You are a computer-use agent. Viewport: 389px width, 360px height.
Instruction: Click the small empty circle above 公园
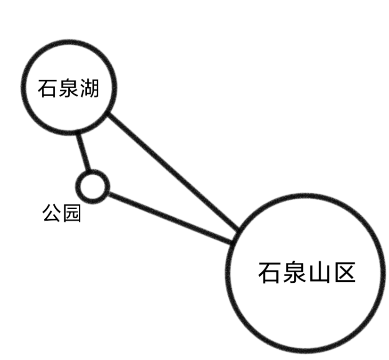tap(92, 187)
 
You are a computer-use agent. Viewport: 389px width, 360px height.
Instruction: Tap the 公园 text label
tap(62, 213)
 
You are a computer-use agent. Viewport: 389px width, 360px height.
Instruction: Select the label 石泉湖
tap(68, 88)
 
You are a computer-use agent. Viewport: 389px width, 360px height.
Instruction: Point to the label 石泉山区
tap(307, 272)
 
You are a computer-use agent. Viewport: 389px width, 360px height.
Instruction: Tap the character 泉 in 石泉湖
tap(68, 88)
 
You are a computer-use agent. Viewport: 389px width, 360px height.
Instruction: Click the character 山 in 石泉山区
tap(320, 272)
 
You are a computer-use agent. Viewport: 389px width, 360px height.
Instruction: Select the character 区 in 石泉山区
tap(345, 272)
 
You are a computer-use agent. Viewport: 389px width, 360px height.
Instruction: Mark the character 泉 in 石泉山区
tap(294, 272)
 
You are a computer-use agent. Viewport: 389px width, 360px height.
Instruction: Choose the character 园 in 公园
tap(72, 213)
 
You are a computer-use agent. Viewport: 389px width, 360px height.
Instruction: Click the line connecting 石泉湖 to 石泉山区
tap(173, 172)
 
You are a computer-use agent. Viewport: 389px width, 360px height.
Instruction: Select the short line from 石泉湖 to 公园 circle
tap(83, 152)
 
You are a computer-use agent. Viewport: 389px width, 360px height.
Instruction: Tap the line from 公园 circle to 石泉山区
tap(170, 217)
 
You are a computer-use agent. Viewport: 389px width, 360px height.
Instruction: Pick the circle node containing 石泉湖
tap(69, 87)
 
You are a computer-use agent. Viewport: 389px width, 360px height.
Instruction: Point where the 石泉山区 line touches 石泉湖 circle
tap(108, 115)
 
